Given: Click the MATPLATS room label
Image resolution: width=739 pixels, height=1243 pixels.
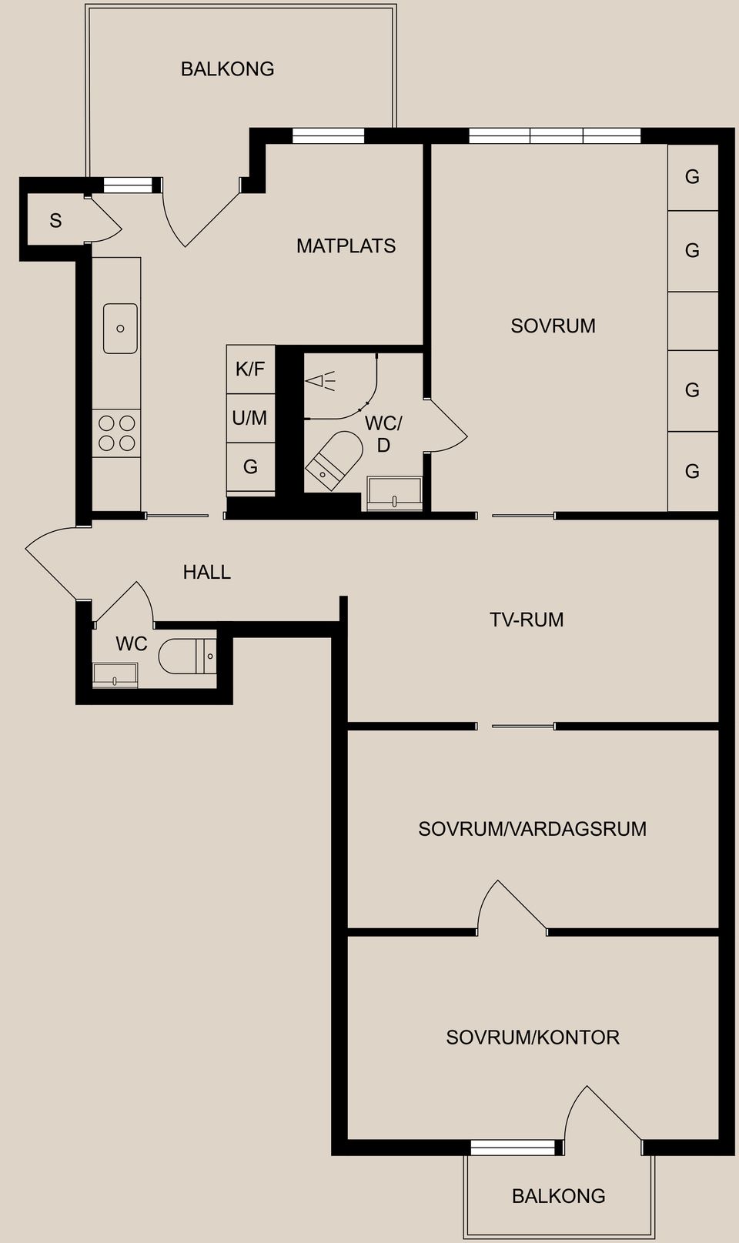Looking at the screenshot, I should click(x=346, y=246).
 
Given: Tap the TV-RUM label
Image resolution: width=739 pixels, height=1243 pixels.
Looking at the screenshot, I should click(x=527, y=620).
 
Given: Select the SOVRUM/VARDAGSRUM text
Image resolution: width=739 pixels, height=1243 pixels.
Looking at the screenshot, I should click(x=532, y=829).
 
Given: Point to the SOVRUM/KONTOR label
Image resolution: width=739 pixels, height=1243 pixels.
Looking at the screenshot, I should click(x=533, y=1038).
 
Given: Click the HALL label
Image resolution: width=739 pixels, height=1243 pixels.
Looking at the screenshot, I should click(x=206, y=572).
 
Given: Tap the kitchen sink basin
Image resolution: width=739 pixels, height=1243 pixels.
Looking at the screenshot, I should click(x=120, y=329).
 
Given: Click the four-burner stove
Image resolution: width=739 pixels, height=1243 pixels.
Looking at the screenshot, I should click(x=117, y=433).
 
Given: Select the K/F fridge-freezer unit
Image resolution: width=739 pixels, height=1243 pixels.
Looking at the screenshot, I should click(x=250, y=369).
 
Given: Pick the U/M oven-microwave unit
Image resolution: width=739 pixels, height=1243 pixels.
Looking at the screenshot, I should click(x=250, y=418).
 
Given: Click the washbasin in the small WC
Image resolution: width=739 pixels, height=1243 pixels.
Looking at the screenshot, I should click(x=115, y=675).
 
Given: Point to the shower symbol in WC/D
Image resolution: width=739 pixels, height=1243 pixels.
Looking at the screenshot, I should click(x=320, y=380).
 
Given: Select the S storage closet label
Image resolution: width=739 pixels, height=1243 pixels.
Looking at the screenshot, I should click(x=55, y=221).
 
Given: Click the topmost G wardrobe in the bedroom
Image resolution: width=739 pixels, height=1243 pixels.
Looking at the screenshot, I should click(x=692, y=177).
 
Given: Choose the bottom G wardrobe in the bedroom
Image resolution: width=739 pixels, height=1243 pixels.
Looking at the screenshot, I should click(x=692, y=471).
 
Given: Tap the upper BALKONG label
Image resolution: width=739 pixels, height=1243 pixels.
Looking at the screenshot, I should click(x=227, y=69).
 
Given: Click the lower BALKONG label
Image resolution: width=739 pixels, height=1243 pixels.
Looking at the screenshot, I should click(x=558, y=1196).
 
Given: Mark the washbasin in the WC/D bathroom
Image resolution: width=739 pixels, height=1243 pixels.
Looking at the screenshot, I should click(x=394, y=493).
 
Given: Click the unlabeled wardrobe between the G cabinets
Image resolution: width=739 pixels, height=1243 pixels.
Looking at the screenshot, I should click(x=692, y=321).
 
